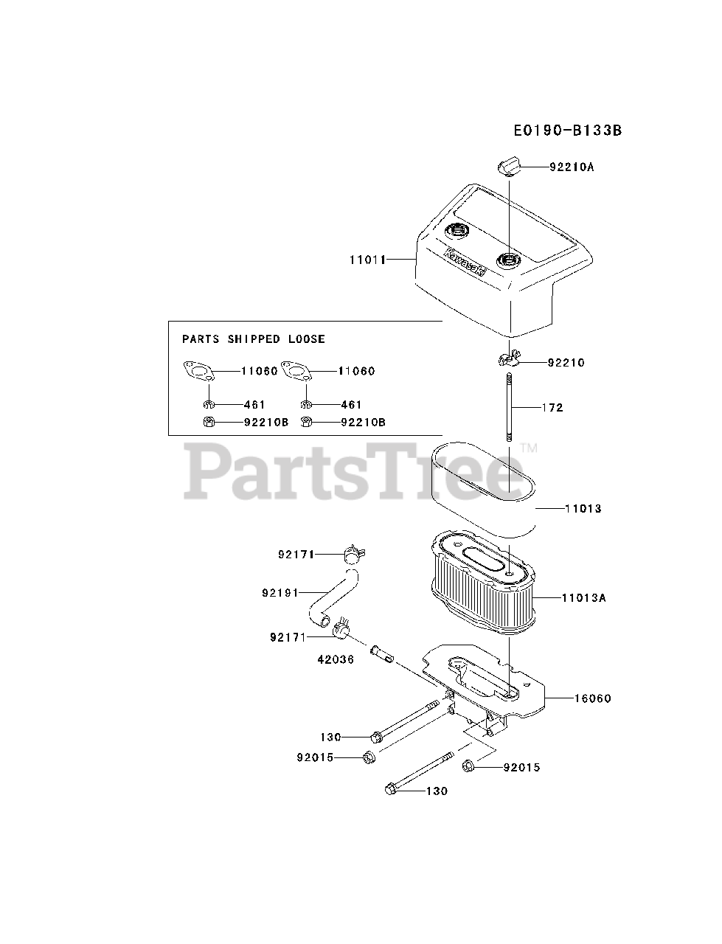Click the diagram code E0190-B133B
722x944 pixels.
click(x=568, y=131)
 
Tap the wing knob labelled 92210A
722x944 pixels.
click(x=509, y=167)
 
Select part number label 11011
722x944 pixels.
click(x=368, y=260)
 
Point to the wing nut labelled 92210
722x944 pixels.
click(x=507, y=360)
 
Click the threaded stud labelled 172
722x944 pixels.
click(x=510, y=407)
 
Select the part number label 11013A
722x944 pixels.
click(x=583, y=598)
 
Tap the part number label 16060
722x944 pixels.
click(x=592, y=698)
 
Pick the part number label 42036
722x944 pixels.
click(x=336, y=659)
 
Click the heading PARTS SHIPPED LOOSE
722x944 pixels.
click(x=254, y=339)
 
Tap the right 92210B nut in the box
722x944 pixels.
click(x=308, y=422)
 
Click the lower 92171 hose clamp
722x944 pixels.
click(x=341, y=629)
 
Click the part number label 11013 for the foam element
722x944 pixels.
click(x=583, y=508)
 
